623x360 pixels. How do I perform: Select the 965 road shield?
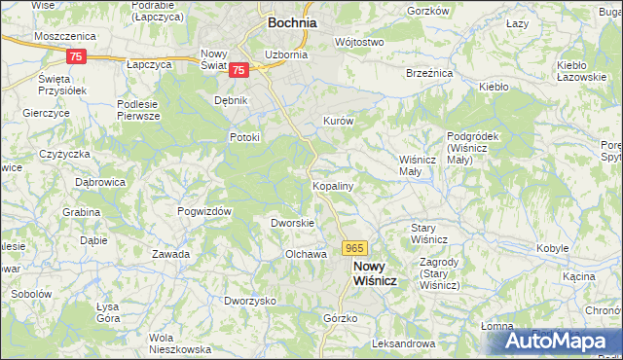(x=354, y=249)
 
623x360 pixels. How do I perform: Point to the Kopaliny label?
(x=332, y=184)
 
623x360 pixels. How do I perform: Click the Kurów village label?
(x=338, y=121)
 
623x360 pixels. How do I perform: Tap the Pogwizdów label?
(x=203, y=211)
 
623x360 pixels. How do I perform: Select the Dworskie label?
(x=292, y=223)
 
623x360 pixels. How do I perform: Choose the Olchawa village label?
(x=304, y=254)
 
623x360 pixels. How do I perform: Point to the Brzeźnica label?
(x=429, y=72)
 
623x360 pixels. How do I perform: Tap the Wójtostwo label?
(x=359, y=43)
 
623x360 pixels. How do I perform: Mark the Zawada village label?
(x=170, y=254)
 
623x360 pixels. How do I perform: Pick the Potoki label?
(x=244, y=137)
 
